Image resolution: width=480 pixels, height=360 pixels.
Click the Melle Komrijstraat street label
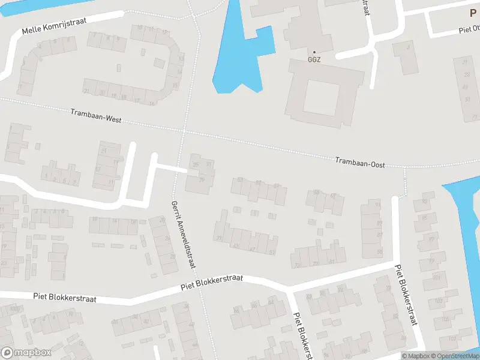pos(54,25)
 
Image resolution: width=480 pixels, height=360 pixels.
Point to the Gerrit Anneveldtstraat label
pos(184,234)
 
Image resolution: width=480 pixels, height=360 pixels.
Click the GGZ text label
pos(314,60)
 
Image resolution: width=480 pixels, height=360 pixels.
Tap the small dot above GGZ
pos(314,52)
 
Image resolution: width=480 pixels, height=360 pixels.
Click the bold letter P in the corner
pos(473,13)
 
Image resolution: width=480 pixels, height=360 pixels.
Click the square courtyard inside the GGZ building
pos(322,101)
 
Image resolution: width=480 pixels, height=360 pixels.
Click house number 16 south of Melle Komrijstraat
pos(151,104)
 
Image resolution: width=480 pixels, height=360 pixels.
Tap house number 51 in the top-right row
pos(467,99)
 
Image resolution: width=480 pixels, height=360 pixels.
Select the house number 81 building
pos(332,262)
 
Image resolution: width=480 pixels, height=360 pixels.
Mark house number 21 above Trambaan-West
pos(86,91)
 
